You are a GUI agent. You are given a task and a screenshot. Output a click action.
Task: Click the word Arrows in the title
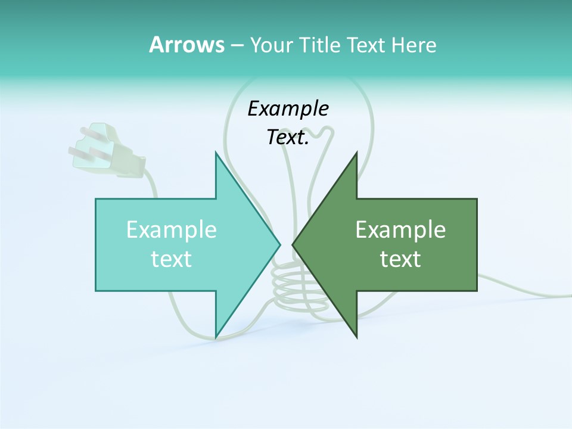coord(186,45)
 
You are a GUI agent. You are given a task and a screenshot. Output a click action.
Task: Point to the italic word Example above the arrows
coord(288,108)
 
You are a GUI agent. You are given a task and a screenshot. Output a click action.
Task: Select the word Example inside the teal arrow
coord(172,229)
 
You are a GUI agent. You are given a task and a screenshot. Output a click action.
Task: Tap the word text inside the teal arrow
coord(172,259)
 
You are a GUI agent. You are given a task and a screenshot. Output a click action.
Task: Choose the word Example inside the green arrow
coord(400,229)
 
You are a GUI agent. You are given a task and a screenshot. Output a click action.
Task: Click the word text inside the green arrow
coord(400,259)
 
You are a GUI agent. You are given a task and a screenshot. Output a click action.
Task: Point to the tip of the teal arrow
coord(279,244)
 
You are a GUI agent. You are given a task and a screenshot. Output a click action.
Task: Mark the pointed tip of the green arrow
coord(293,244)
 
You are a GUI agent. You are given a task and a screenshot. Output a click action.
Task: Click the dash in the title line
coord(237,45)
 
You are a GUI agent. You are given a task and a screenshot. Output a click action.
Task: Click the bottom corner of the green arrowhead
coord(356,337)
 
